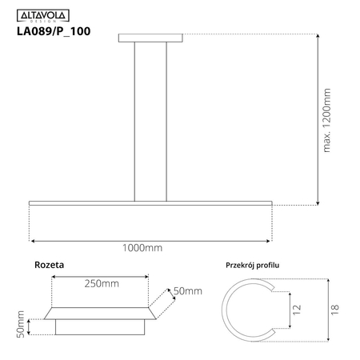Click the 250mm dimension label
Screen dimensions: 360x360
(x=102, y=284)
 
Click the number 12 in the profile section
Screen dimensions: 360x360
(x=296, y=309)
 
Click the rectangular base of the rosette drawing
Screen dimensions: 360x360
(x=101, y=327)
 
